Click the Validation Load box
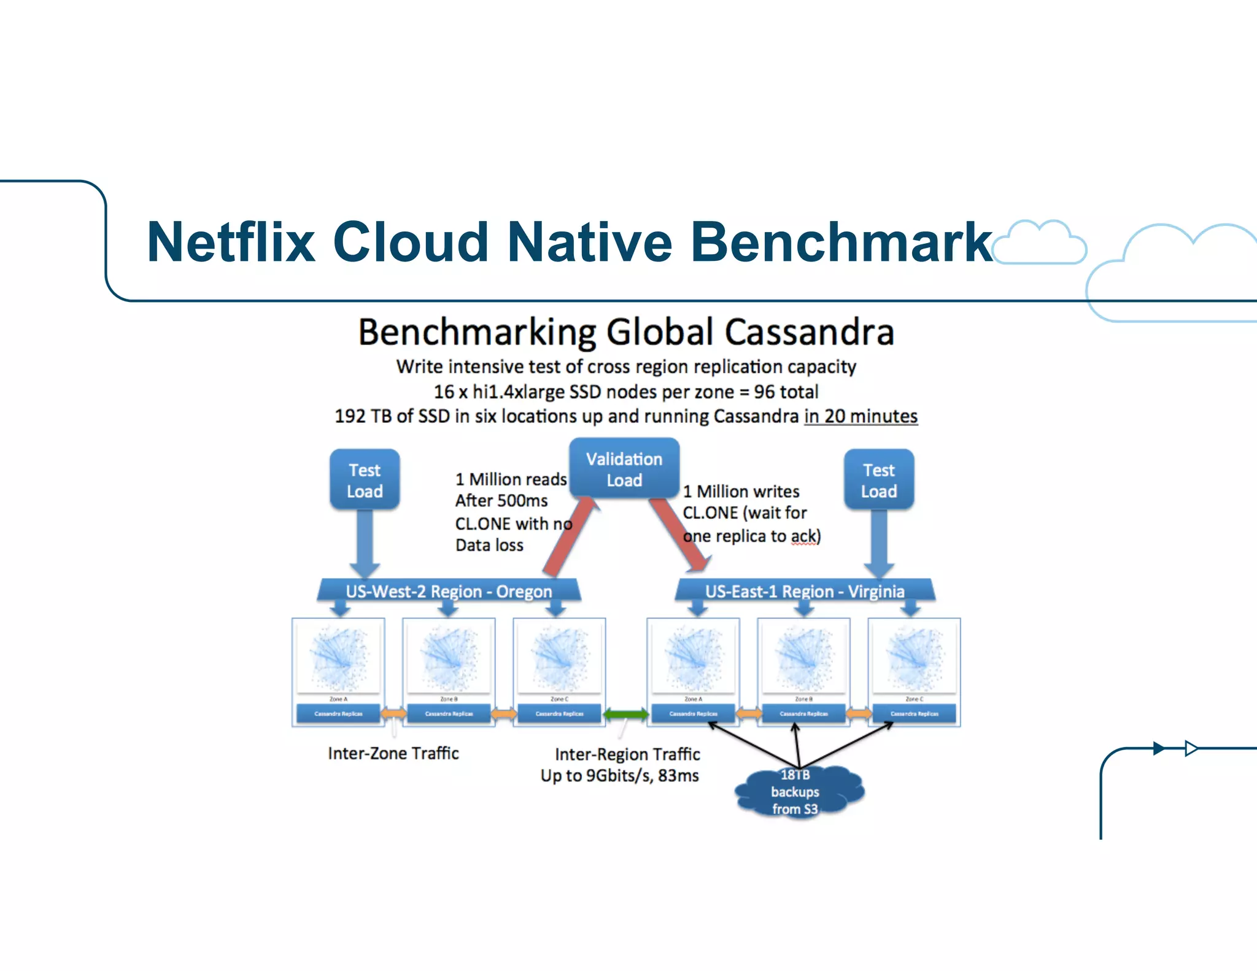(x=624, y=469)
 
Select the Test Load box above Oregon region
(x=365, y=480)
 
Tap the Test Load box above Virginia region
(x=878, y=480)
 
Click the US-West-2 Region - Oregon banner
(x=449, y=591)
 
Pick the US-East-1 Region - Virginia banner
(x=805, y=591)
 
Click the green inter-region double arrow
(x=625, y=713)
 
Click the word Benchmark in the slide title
(x=841, y=242)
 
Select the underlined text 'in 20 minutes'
(x=861, y=416)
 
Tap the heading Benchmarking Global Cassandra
(x=625, y=332)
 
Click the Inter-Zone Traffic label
(x=393, y=753)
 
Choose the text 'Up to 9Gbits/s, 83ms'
(x=619, y=776)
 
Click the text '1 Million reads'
(x=511, y=479)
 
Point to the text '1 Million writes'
(x=741, y=491)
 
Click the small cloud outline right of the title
(x=1040, y=243)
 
